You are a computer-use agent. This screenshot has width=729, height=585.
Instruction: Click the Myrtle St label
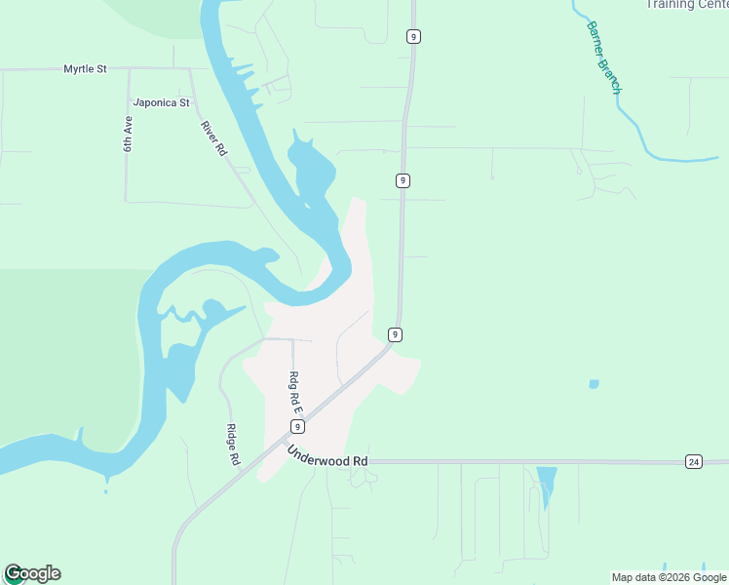pyautogui.click(x=85, y=69)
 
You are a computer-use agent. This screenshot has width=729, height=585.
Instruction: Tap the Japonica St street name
pyautogui.click(x=161, y=101)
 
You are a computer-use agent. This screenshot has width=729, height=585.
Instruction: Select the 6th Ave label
pyautogui.click(x=128, y=134)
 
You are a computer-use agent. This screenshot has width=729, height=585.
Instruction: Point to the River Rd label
pyautogui.click(x=213, y=138)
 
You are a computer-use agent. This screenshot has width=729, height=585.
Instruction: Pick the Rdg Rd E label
pyautogui.click(x=293, y=393)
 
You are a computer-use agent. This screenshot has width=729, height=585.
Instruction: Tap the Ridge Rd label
pyautogui.click(x=233, y=445)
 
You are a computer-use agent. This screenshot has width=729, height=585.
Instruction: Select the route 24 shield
pyautogui.click(x=693, y=461)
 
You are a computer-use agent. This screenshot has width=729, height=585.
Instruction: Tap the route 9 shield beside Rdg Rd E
pyautogui.click(x=297, y=427)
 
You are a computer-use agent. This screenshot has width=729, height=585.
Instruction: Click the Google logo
pyautogui.click(x=32, y=573)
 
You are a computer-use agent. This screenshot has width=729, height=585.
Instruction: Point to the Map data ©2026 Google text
pyautogui.click(x=669, y=577)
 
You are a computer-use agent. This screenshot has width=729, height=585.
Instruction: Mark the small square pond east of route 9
pyautogui.click(x=594, y=384)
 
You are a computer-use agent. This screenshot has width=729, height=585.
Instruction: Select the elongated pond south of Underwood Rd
pyautogui.click(x=547, y=484)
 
